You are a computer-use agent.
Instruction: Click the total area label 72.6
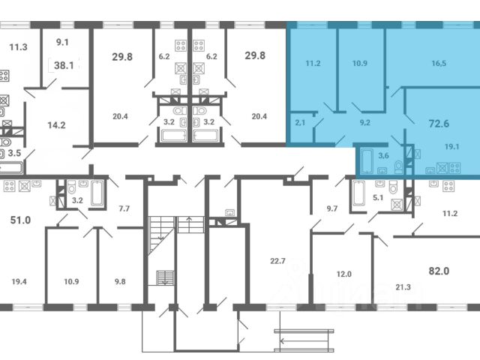[x=439, y=123]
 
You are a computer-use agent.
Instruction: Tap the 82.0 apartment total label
[x=439, y=271]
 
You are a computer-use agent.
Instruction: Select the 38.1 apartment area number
[x=64, y=65]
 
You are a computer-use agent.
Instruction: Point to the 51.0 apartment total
[x=20, y=220]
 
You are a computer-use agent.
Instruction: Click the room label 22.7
[x=277, y=261]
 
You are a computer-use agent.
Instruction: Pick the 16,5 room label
[x=439, y=63]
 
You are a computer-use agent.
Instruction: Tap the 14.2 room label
[x=57, y=125]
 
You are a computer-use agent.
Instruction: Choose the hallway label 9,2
[x=365, y=123]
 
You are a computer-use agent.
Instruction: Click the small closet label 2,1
[x=300, y=123]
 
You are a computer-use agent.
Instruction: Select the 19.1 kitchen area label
[x=451, y=147]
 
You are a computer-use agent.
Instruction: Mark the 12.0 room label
[x=343, y=274]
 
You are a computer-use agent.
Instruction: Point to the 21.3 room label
[x=403, y=287]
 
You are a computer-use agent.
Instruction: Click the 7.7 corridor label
[x=124, y=208]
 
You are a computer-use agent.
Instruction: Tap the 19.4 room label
[x=19, y=281]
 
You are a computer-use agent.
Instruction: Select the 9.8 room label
[x=120, y=281]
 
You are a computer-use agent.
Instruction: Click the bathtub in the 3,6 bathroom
[x=367, y=160]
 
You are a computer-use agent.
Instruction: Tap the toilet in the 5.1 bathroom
[x=393, y=187]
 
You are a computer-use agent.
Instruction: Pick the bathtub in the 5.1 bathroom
[x=358, y=193]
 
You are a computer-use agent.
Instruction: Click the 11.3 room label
[x=18, y=47]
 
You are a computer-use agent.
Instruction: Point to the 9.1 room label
[x=62, y=42]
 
